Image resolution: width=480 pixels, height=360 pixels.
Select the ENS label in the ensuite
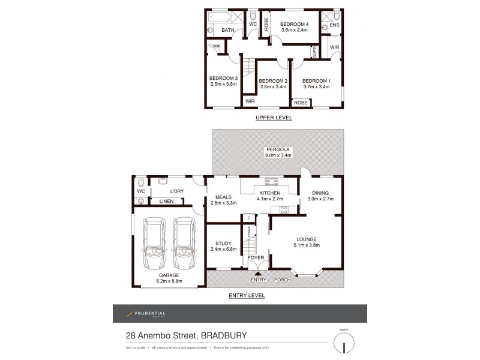coord(334,26)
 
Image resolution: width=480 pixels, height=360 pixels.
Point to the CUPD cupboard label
coord(314,53)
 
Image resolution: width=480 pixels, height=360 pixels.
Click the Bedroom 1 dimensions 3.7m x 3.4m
coord(316,87)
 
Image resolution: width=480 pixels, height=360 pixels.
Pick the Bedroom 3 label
coord(223,78)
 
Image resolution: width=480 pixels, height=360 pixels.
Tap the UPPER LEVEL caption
coord(274,118)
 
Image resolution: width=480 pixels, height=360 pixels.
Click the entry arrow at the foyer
coord(259,274)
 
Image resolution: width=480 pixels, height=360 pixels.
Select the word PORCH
coord(283,280)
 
